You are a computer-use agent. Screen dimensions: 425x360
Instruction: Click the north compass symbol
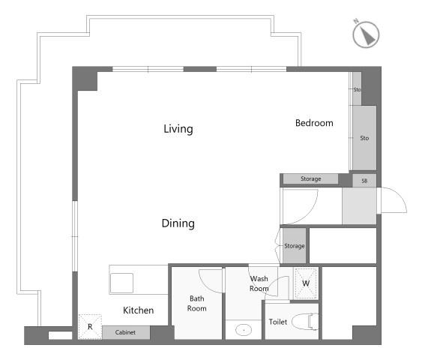tap(366, 34)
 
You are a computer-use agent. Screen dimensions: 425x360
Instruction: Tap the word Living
tap(178, 129)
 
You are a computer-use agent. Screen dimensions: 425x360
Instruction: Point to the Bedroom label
tap(314, 123)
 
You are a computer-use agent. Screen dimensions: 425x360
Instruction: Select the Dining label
tap(178, 223)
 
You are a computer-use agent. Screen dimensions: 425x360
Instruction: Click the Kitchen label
tap(138, 310)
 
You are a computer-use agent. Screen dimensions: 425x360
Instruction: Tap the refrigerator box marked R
tap(90, 327)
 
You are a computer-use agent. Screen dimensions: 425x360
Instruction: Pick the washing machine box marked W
tap(306, 283)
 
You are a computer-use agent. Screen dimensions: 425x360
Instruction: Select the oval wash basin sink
tap(244, 330)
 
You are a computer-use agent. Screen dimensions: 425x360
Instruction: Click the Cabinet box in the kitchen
tap(126, 332)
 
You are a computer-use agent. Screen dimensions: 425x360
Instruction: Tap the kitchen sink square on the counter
tap(121, 283)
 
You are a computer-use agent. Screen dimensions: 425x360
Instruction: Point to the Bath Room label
tap(197, 304)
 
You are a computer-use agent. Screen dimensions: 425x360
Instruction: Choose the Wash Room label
tap(259, 283)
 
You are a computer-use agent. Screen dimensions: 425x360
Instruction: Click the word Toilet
tap(278, 322)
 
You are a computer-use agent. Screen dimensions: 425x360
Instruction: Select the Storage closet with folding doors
tap(295, 246)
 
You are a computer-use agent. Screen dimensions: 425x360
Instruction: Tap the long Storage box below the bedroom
tap(310, 178)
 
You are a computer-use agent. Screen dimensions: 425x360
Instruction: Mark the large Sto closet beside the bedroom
tap(364, 138)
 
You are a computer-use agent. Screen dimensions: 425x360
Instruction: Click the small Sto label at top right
tap(357, 89)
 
